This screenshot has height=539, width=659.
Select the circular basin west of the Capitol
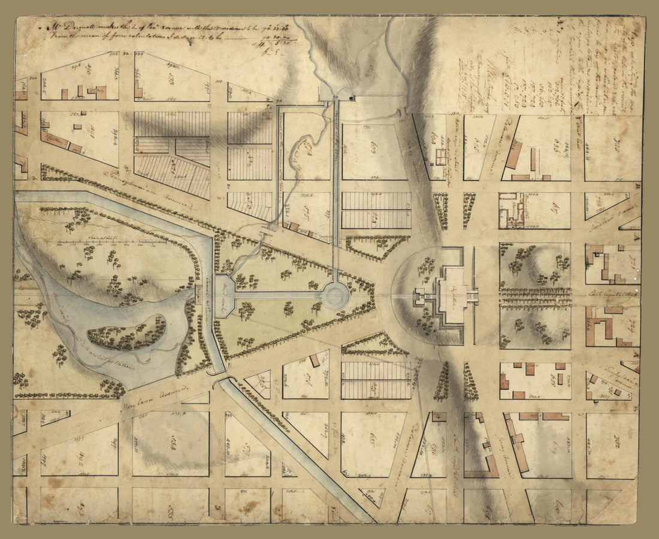coord(335,295)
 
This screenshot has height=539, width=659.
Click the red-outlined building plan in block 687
coord(513,210)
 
